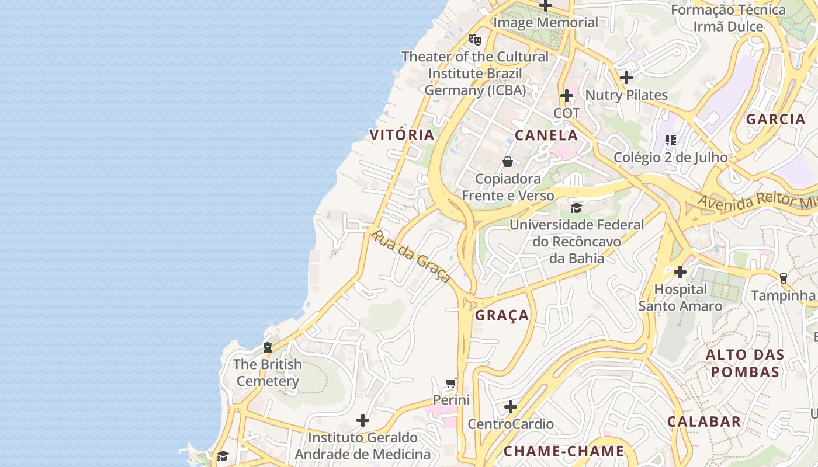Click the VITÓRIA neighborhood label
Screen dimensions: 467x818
tap(402, 135)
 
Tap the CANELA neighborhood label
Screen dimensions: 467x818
tap(546, 135)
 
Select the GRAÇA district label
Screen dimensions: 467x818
tap(502, 316)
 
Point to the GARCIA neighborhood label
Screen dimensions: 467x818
tap(776, 119)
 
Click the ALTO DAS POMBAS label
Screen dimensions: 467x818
tap(745, 363)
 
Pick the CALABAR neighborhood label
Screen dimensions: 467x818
tap(704, 421)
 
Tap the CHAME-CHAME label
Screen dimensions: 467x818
tap(564, 451)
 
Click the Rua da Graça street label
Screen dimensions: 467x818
tap(411, 256)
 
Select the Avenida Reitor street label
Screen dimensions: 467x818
tap(757, 201)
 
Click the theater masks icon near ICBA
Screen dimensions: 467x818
tap(475, 40)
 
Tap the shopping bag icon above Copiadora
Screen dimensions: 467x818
tap(508, 162)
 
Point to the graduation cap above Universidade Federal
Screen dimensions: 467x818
tap(576, 208)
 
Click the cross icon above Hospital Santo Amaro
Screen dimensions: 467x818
tap(680, 272)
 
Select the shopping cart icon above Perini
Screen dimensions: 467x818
tap(450, 384)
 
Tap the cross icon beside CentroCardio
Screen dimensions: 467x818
tap(511, 407)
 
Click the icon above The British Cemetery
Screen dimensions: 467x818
tap(268, 347)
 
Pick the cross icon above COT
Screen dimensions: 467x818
tap(567, 96)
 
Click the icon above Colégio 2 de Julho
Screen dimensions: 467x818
tap(671, 140)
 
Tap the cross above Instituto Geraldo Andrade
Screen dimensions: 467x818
tap(363, 420)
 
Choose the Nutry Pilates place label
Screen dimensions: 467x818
tap(626, 95)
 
